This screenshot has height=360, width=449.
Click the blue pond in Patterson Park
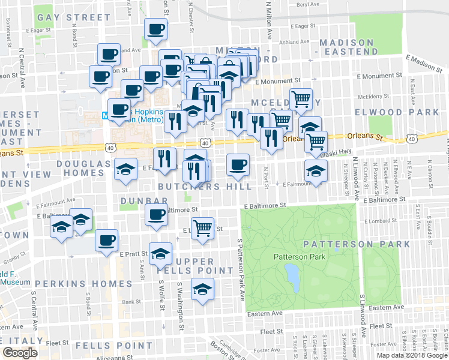click(292, 275)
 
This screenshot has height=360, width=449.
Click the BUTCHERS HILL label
click(212, 187)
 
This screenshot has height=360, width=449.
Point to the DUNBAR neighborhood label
click(142, 200)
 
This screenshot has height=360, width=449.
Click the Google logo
click(20, 353)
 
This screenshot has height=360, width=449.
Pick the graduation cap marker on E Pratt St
click(160, 254)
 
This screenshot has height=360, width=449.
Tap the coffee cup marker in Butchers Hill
click(238, 164)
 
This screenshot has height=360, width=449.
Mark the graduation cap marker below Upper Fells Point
click(202, 289)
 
